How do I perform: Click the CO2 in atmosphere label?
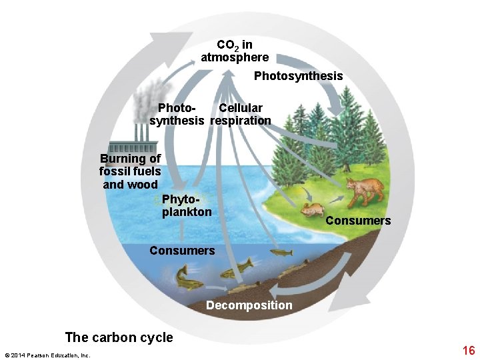tap(235, 51)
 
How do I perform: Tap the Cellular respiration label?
tap(241, 114)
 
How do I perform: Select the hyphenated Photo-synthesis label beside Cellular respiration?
tap(177, 114)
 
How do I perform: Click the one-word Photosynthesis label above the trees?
tap(298, 76)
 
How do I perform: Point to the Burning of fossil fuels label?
tap(130, 171)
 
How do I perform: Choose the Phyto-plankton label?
tap(187, 205)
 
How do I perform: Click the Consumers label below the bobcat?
tap(358, 221)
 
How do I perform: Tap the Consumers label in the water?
tap(182, 251)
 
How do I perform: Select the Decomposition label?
tap(249, 305)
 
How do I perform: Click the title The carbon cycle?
tap(119, 337)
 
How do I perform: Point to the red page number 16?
tap(468, 351)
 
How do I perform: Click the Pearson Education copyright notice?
tap(47, 355)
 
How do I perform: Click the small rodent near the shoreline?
tap(310, 211)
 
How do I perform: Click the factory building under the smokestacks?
tap(133, 147)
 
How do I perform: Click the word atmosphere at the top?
tap(235, 57)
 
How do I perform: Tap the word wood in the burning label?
tap(144, 185)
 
